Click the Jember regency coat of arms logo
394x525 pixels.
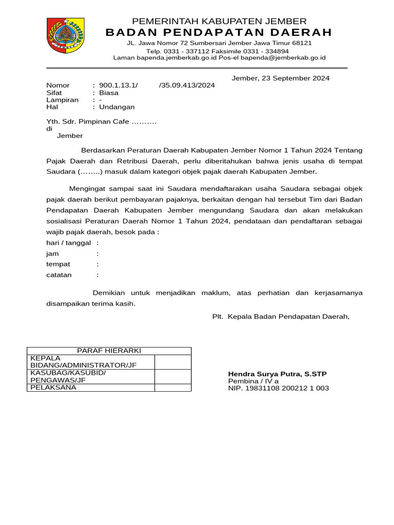pos(66,36)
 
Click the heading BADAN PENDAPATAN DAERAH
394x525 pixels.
pos(219,33)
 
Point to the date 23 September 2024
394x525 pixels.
pos(295,78)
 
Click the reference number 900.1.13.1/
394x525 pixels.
pos(119,86)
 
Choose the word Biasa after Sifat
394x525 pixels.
pos(109,93)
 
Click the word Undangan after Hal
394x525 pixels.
pos(117,107)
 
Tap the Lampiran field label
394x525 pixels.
pos(63,100)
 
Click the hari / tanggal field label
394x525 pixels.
pos(68,243)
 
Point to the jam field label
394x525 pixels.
pos(52,254)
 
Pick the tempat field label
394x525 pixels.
pos(58,265)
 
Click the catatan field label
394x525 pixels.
pos(59,275)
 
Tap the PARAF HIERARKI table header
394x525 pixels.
pos(109,351)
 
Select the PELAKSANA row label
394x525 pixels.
pos(53,388)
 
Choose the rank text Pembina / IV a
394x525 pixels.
pos(253,381)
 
